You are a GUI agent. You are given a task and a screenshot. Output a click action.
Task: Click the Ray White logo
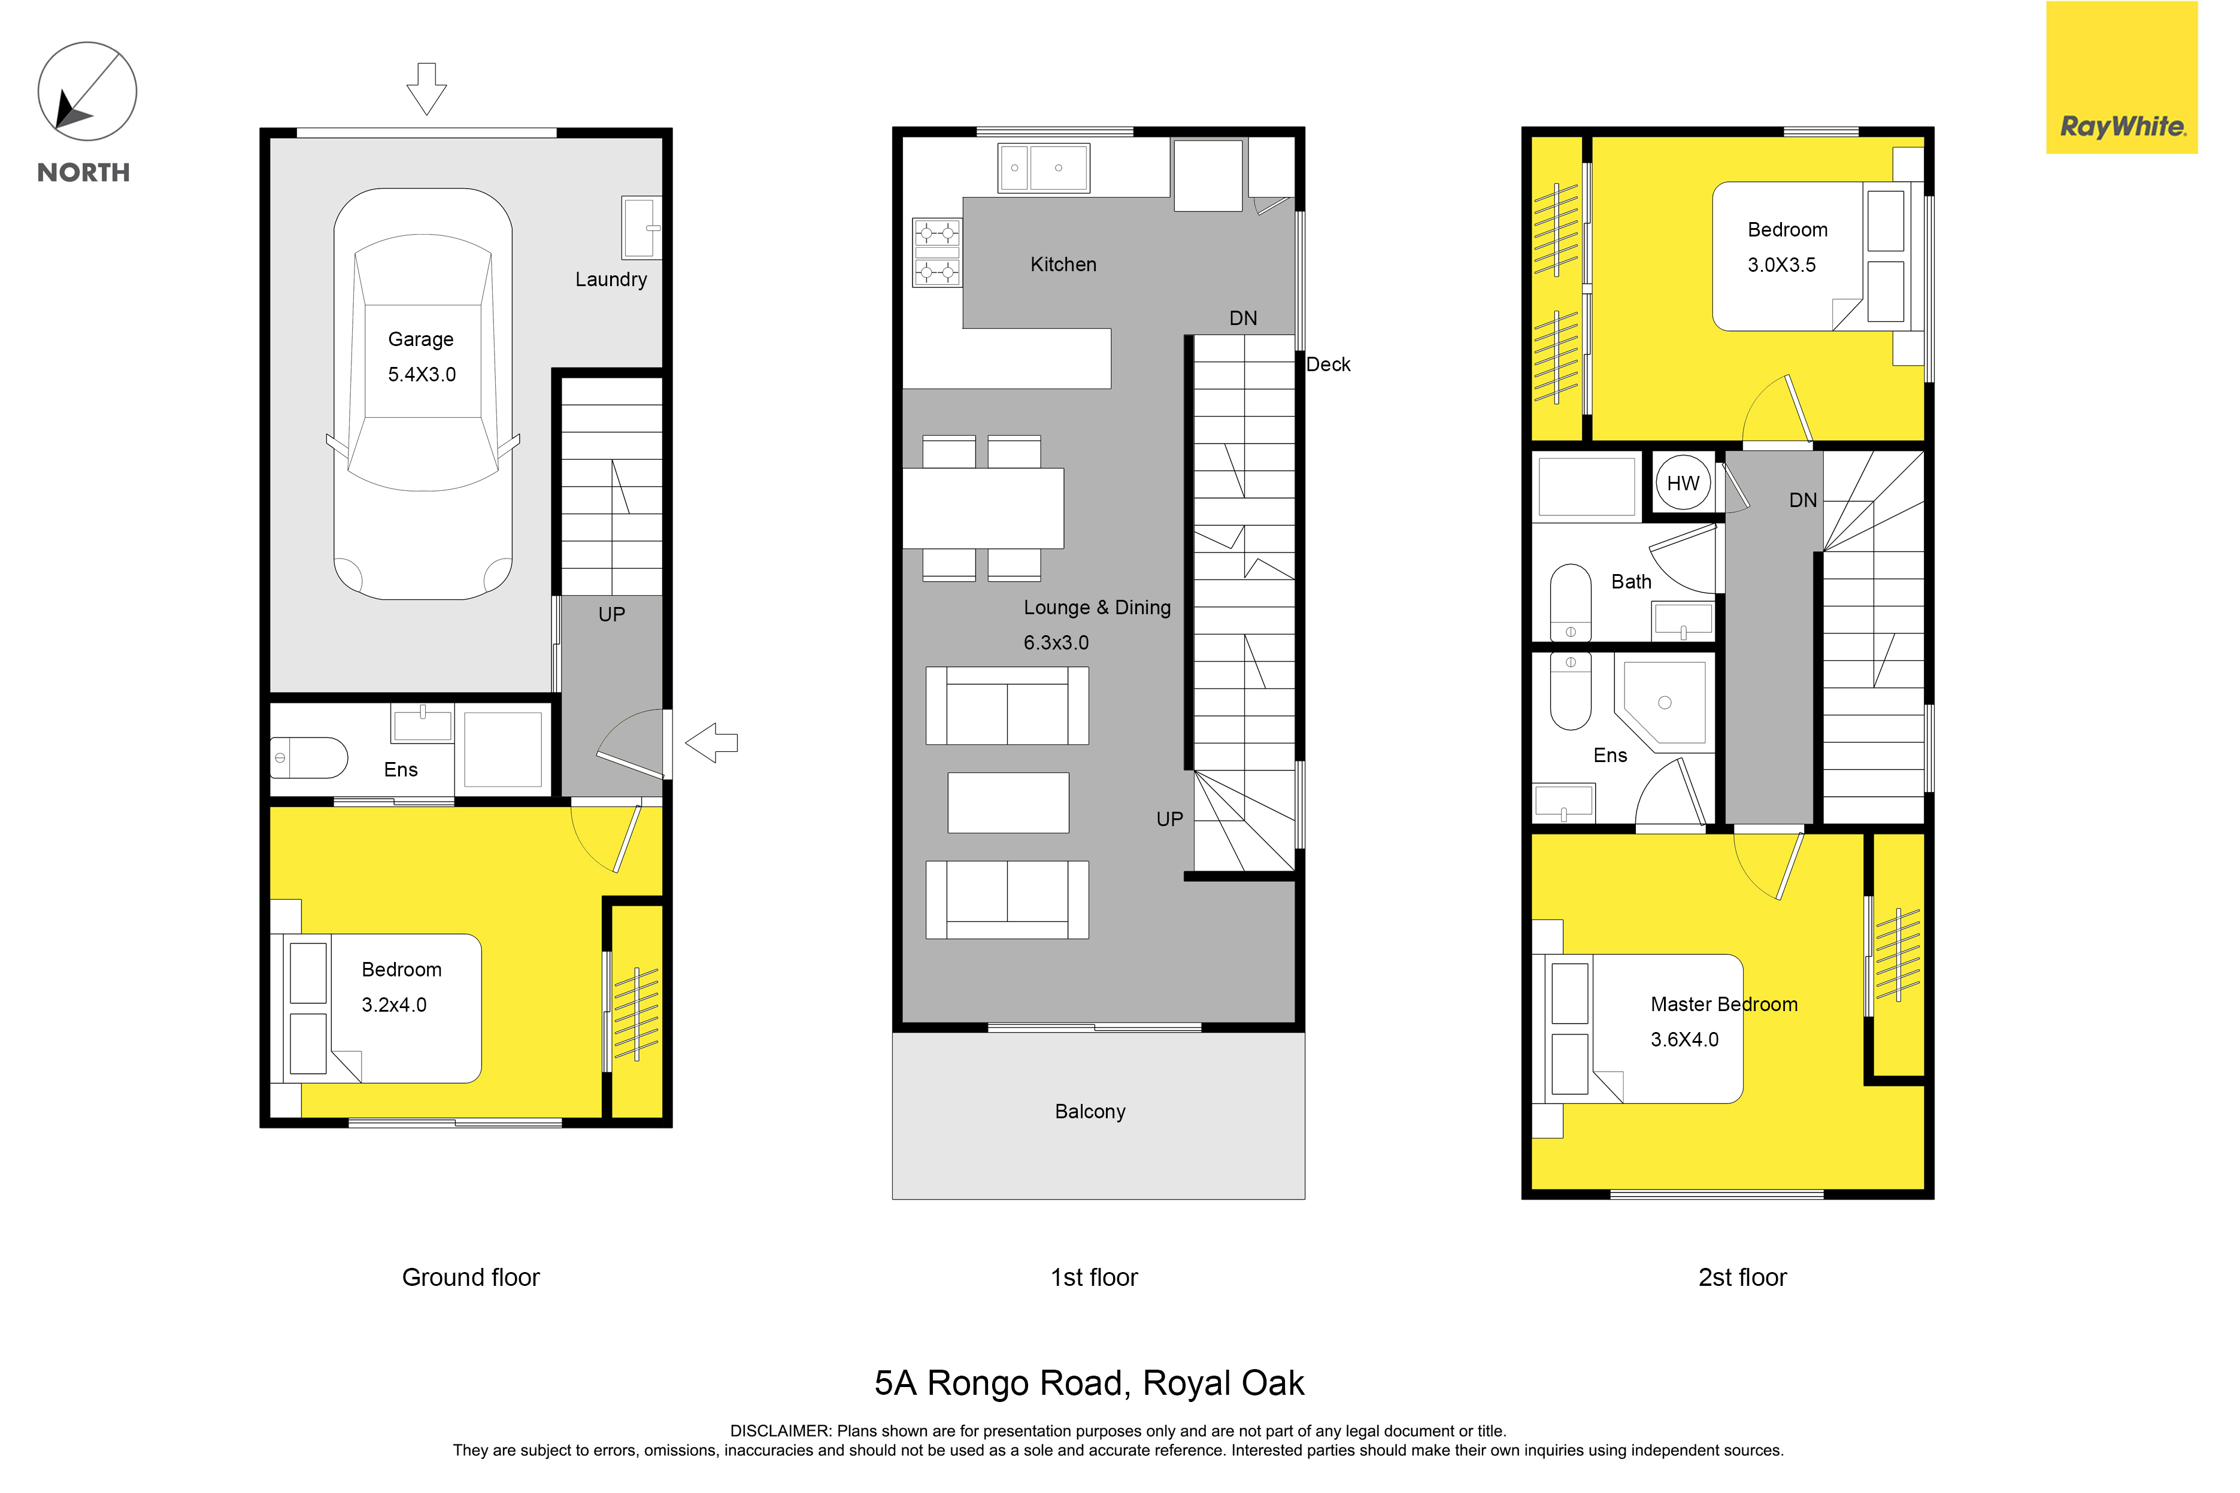tap(2122, 77)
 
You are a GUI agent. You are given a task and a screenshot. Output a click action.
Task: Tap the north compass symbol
tap(87, 92)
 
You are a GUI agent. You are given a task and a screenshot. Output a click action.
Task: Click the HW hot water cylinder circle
tap(1683, 483)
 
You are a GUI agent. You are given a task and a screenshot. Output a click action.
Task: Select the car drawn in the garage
tap(423, 394)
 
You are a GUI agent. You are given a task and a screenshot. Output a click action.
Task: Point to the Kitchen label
tap(1063, 265)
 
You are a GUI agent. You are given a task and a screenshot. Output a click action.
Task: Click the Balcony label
tap(1090, 1111)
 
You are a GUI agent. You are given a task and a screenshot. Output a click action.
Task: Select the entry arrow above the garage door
tap(427, 89)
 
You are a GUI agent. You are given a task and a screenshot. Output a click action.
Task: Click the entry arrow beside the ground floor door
tap(711, 743)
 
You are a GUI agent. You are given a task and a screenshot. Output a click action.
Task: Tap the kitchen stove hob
tap(937, 252)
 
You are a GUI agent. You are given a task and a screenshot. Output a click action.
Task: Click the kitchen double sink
tap(1044, 169)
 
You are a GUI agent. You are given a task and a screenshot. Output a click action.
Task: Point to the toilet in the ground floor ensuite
tap(308, 758)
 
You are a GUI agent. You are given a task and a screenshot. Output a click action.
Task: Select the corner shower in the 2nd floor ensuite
tap(1663, 703)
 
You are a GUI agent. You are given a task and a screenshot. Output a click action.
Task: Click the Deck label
tap(1327, 365)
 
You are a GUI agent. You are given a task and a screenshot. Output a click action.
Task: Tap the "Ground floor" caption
tap(471, 1277)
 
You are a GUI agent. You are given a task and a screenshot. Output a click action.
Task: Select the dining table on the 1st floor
tap(983, 508)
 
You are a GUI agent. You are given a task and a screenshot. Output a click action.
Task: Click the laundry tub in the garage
tap(641, 227)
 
